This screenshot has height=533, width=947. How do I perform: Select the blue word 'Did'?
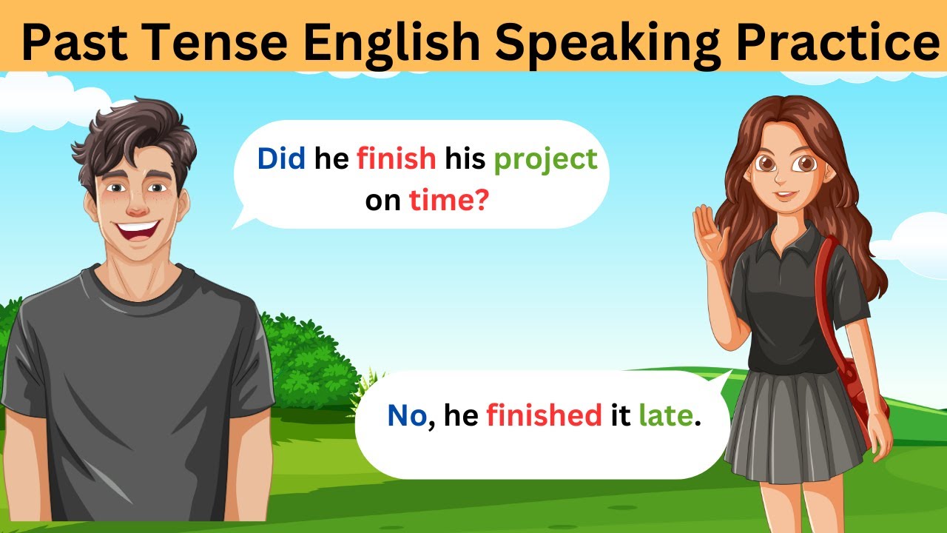pyautogui.click(x=280, y=158)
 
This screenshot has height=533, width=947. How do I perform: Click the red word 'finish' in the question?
pyautogui.click(x=396, y=158)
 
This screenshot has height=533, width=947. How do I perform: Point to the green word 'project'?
pyautogui.click(x=545, y=160)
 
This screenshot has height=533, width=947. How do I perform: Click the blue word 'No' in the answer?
pyautogui.click(x=406, y=416)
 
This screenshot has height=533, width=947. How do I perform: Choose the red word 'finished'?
pyautogui.click(x=544, y=416)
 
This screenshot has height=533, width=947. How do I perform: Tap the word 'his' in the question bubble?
pyautogui.click(x=464, y=158)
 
